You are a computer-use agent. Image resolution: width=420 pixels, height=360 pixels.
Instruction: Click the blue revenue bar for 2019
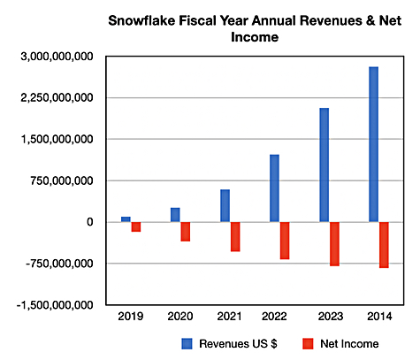pyautogui.click(x=126, y=219)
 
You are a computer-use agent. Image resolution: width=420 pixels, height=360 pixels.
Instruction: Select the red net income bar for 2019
pyautogui.click(x=136, y=226)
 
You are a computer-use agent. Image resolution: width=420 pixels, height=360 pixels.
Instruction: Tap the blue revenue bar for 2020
pyautogui.click(x=175, y=215)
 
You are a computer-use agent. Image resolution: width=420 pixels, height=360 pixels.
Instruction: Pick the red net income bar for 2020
pyautogui.click(x=186, y=232)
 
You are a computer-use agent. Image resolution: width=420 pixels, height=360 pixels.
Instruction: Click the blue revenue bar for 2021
pyautogui.click(x=225, y=206)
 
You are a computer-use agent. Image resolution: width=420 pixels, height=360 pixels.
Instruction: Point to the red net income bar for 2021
pyautogui.click(x=235, y=237)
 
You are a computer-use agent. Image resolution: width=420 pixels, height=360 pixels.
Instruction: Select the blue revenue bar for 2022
pyautogui.click(x=274, y=188)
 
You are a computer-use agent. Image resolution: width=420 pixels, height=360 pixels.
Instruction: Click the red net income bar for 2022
pyautogui.click(x=285, y=241)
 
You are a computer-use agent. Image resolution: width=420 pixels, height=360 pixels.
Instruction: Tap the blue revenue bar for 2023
pyautogui.click(x=325, y=165)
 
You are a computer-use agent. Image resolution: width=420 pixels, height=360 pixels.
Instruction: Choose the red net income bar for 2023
pyautogui.click(x=334, y=244)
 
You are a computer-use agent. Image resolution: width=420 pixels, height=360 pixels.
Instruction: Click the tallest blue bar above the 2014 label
pyautogui.click(x=374, y=144)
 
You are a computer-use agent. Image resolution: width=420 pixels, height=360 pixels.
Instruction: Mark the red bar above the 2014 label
pyautogui.click(x=384, y=245)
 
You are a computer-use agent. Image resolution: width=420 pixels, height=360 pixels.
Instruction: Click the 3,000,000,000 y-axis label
pyautogui.click(x=57, y=57)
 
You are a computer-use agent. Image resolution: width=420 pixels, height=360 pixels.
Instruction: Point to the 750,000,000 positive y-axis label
pyautogui.click(x=62, y=180)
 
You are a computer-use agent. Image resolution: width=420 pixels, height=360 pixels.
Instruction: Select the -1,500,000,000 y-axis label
pyautogui.click(x=55, y=305)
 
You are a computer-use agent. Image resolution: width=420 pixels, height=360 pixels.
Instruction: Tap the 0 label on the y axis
pyautogui.click(x=90, y=222)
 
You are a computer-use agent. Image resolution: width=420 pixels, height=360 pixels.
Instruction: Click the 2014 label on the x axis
pyautogui.click(x=379, y=317)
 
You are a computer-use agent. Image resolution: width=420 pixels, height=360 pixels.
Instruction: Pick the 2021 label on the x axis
pyautogui.click(x=229, y=317)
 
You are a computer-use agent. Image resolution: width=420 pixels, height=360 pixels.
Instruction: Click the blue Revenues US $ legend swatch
pyautogui.click(x=187, y=344)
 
